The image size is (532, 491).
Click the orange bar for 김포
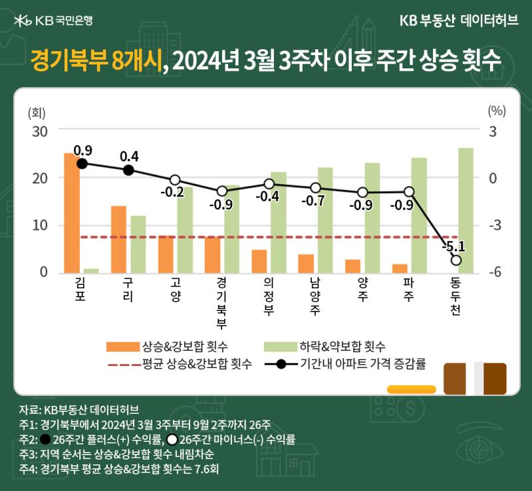72,213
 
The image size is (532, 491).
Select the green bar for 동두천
466,210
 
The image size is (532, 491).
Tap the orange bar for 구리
119,239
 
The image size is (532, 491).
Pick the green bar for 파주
419,215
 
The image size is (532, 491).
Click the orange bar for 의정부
259,261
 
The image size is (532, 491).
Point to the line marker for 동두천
456,260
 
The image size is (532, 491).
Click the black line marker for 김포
82,164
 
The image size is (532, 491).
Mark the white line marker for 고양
175,179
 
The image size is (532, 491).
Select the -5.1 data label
454,246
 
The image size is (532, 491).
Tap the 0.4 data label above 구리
129,156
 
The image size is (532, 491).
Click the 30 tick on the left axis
40,132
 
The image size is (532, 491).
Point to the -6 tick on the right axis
495,272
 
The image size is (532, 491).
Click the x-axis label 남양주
315,296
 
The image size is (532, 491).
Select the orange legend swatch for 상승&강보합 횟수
123,347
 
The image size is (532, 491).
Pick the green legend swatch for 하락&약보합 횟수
281,347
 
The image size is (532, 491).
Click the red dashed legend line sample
124,365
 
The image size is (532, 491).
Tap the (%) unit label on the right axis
497,111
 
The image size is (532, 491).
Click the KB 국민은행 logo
53,21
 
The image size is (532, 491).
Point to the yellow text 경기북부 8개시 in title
96,60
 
